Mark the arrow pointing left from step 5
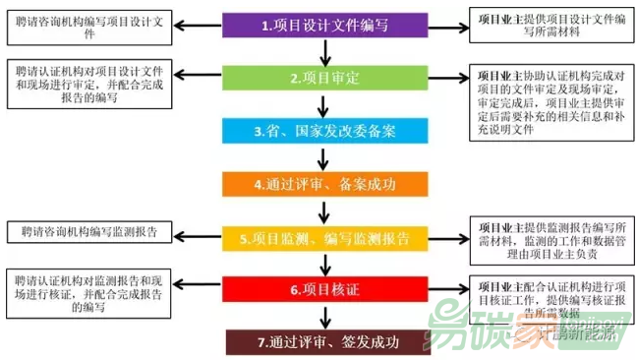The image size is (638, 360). coord(201,238)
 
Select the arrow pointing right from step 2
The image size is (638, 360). coord(446,78)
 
